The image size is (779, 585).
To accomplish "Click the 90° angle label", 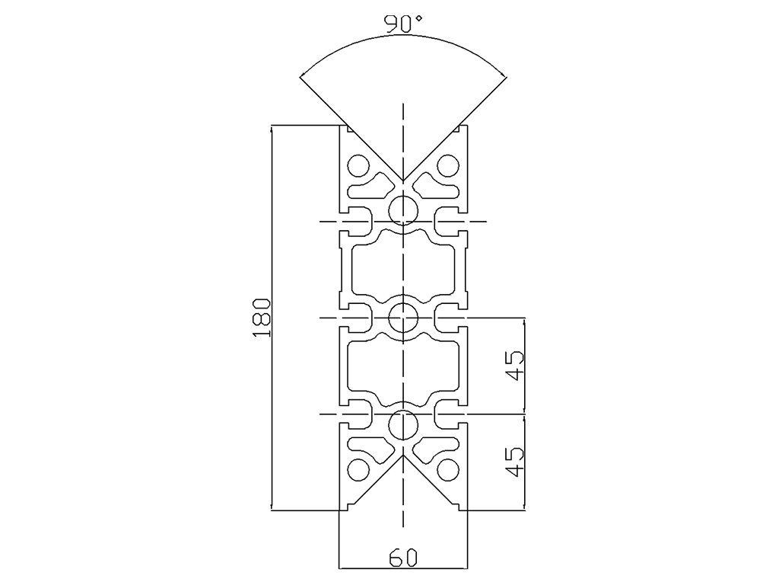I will [403, 24].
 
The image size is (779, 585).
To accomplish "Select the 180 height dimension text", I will [261, 317].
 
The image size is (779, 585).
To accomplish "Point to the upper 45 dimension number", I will [515, 366].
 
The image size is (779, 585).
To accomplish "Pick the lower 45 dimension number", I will [515, 462].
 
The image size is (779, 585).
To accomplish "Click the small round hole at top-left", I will [357, 164].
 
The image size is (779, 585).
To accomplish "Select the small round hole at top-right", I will [449, 164].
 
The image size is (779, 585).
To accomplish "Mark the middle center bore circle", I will [402, 317].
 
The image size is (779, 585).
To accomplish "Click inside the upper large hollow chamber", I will [402, 268].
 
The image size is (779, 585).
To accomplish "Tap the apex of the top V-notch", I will [402, 181].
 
